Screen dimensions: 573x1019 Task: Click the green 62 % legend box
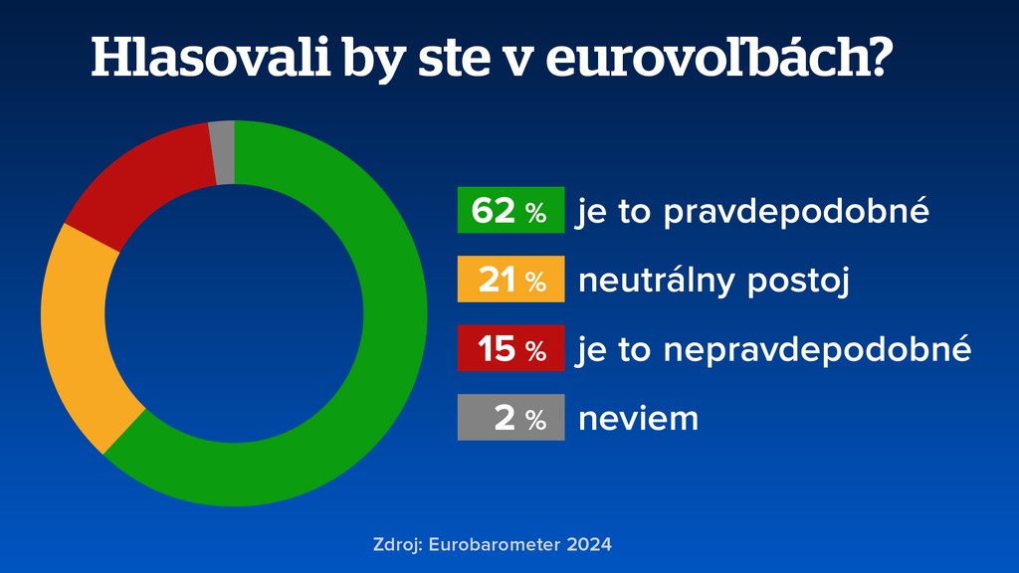coord(510,210)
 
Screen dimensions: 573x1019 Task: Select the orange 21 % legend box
coord(510,280)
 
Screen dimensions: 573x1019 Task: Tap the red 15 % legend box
coord(510,348)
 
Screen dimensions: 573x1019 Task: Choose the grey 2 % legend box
coord(510,418)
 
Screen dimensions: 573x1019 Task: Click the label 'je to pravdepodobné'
coord(752,212)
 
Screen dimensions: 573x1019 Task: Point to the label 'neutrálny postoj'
coord(713,282)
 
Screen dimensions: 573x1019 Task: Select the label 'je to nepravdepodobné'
coord(773,350)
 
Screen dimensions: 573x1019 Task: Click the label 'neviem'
coord(638,419)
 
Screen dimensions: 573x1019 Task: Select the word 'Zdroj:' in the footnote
coord(398,545)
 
